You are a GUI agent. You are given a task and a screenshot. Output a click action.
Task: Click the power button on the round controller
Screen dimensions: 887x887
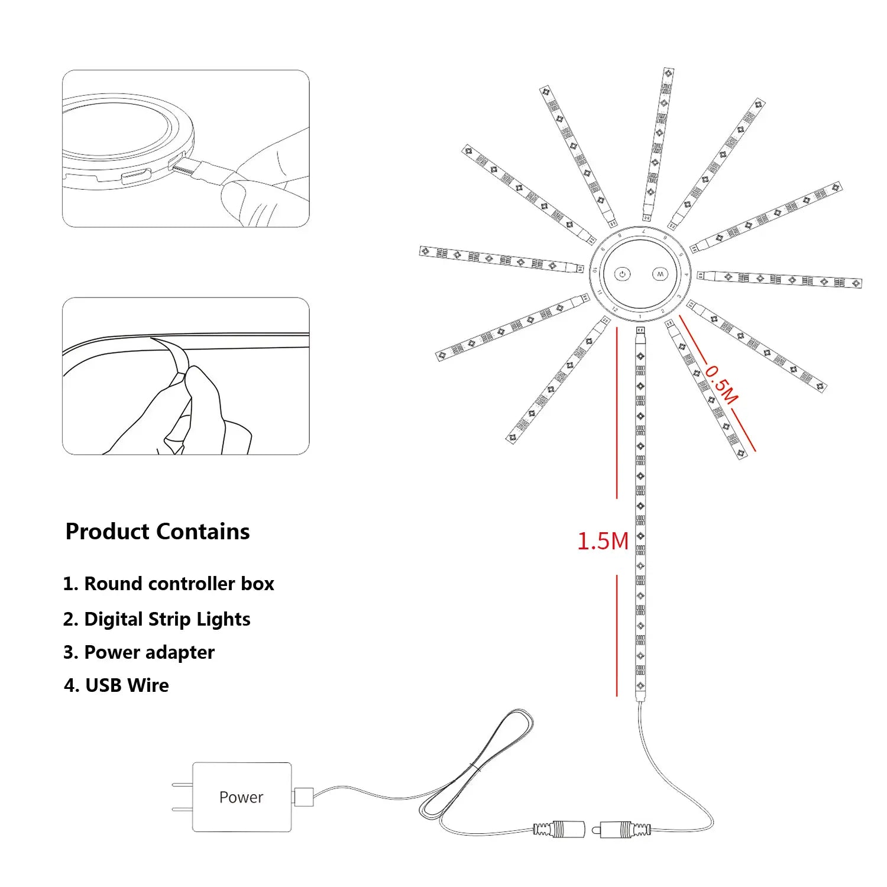[621, 274]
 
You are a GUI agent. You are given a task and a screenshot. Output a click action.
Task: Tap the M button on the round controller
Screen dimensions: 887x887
[660, 274]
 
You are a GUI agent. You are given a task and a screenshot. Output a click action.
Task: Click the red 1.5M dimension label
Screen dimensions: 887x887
[603, 541]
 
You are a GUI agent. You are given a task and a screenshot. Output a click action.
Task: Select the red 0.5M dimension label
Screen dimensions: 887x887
[721, 386]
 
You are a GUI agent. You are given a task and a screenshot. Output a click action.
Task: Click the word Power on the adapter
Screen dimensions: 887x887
[241, 797]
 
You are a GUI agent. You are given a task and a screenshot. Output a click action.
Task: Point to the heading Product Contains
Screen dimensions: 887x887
[157, 532]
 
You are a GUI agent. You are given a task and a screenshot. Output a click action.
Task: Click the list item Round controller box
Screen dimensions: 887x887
[169, 584]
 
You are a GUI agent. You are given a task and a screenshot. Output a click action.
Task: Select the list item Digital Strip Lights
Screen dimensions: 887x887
[157, 619]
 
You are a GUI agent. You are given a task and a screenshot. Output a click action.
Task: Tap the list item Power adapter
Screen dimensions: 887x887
[139, 652]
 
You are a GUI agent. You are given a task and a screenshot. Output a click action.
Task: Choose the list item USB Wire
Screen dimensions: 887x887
[116, 685]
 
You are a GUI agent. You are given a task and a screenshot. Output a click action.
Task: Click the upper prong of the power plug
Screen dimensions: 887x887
[182, 785]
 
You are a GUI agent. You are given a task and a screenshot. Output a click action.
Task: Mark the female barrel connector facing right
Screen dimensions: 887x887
[561, 829]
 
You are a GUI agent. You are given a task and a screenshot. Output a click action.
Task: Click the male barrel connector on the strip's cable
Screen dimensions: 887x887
[624, 829]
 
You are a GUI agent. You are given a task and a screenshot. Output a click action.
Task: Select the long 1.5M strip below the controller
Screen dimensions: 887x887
[640, 514]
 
